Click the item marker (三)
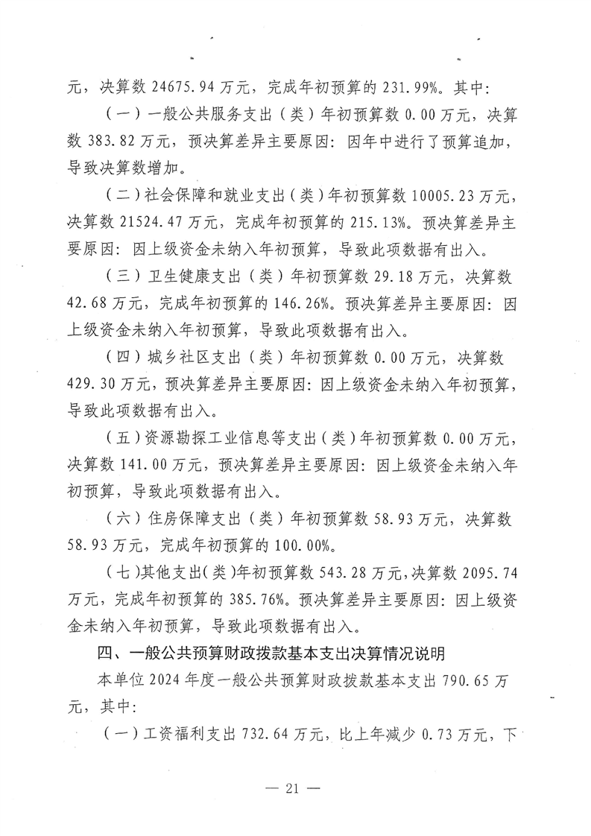pyautogui.click(x=118, y=277)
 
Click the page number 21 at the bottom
pyautogui.click(x=294, y=790)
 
